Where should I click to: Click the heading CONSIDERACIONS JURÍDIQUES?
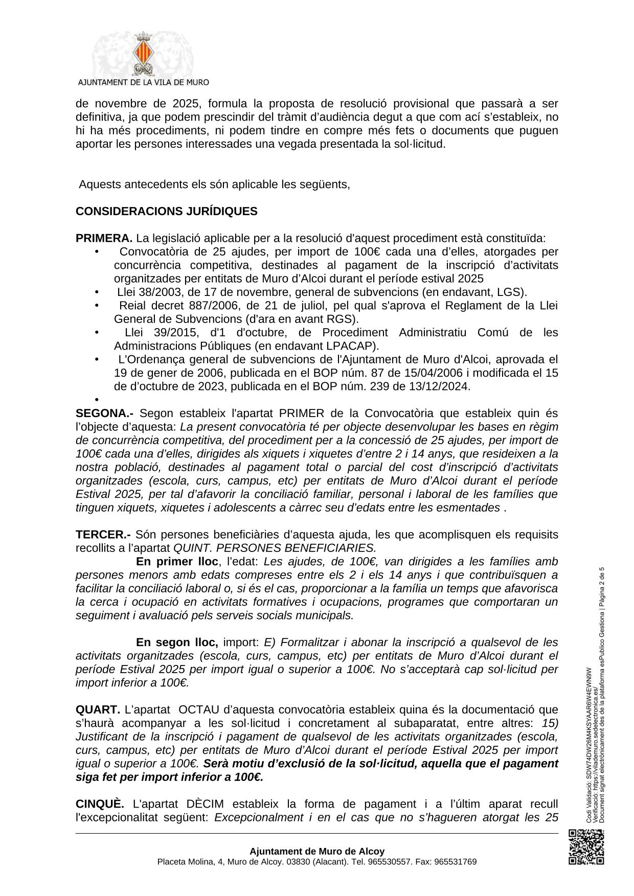[x=166, y=212]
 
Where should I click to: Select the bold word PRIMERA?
[x=104, y=239]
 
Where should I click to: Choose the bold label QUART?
[x=98, y=710]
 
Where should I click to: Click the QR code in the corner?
[x=586, y=847]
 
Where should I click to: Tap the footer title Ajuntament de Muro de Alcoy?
[x=317, y=852]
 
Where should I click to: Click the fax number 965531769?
[x=455, y=862]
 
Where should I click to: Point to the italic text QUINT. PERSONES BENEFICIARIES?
[x=275, y=548]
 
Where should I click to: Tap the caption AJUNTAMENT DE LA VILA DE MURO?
[x=143, y=82]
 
